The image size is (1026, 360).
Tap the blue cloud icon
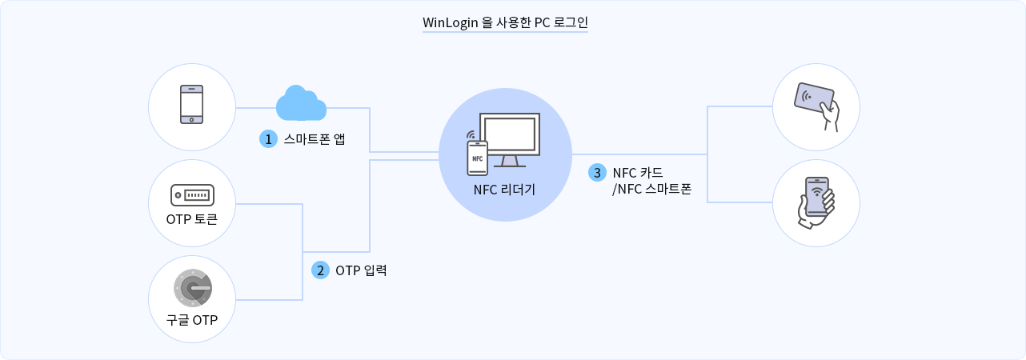click(301, 103)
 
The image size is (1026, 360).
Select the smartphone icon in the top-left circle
click(192, 104)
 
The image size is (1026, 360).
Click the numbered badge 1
click(268, 138)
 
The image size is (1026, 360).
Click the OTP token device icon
click(192, 194)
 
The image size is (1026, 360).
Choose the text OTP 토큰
click(192, 218)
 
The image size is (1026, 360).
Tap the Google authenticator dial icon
click(192, 287)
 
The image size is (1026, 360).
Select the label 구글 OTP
click(192, 320)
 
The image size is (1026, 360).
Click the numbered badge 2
click(320, 270)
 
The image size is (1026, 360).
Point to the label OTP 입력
click(361, 270)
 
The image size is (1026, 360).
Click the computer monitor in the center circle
click(513, 138)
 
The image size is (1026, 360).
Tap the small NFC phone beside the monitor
click(477, 157)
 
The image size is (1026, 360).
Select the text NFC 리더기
click(504, 190)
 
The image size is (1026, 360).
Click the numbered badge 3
click(597, 172)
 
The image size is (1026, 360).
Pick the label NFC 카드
click(638, 172)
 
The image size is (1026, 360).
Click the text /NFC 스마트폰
click(651, 190)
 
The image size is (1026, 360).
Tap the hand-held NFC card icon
click(816, 105)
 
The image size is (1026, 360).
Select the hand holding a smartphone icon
click(816, 202)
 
